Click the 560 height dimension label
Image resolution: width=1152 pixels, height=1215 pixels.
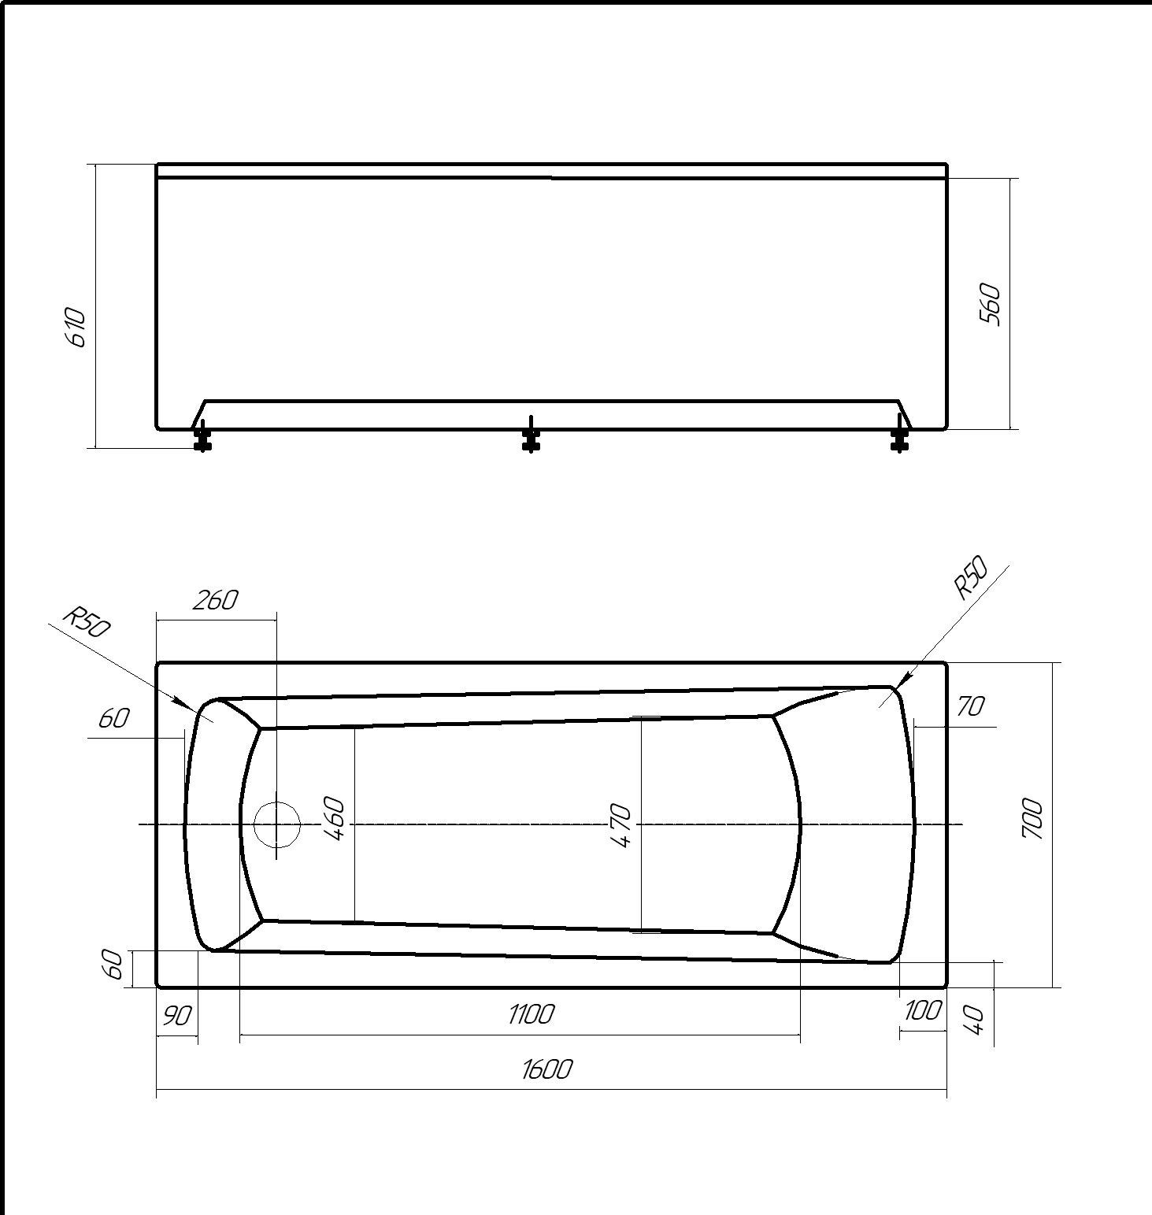point(990,305)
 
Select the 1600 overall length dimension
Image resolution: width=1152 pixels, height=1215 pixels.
point(546,1069)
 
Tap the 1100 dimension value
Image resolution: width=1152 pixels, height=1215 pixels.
point(531,1013)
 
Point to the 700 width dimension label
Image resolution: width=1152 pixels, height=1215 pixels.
point(1032,818)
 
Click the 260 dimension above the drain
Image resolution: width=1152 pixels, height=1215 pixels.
point(215,600)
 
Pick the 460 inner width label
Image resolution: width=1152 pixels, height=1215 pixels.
point(335,819)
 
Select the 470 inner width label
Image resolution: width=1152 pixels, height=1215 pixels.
point(620,825)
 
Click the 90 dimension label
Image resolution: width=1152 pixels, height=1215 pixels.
point(176,1017)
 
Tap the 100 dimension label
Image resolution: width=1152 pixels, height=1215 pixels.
point(922,1009)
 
